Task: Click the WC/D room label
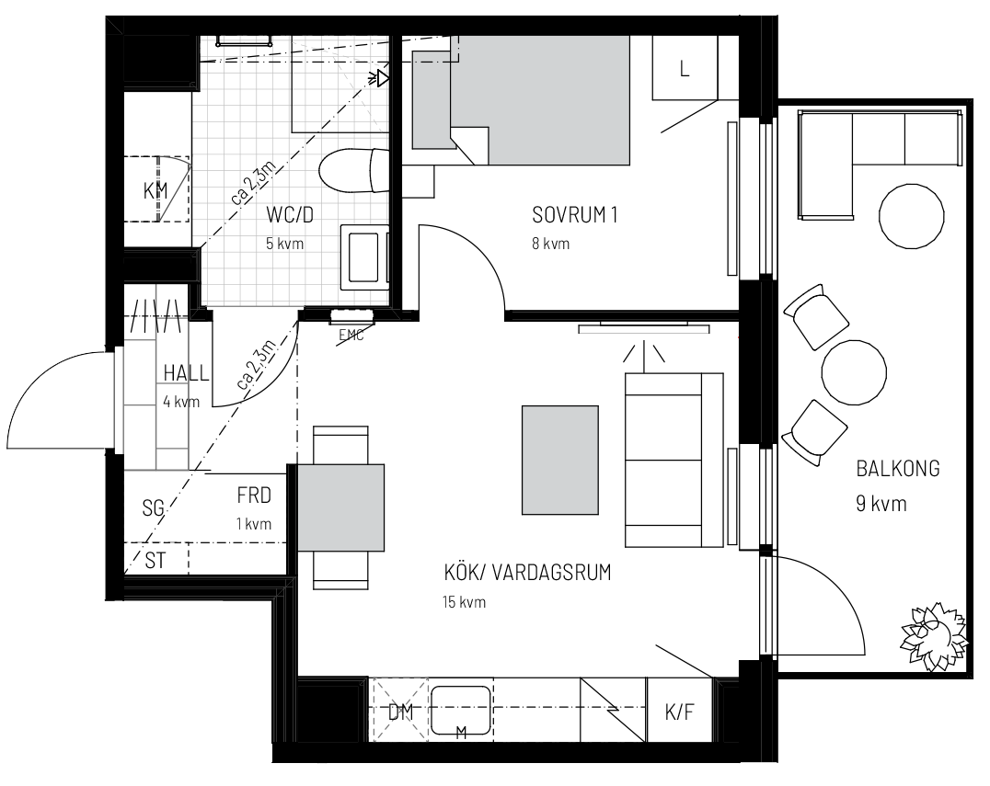[289, 215]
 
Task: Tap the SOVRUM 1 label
[574, 215]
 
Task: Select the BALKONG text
[898, 469]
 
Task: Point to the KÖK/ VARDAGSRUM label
[528, 573]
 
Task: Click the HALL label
[186, 373]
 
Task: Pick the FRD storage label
[254, 496]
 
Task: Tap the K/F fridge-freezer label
[679, 712]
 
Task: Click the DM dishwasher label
[400, 712]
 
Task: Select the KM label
[155, 190]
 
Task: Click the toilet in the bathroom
[353, 170]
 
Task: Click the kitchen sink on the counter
[461, 711]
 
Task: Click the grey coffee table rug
[560, 460]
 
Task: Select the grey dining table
[340, 507]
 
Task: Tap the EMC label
[351, 335]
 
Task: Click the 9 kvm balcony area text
[881, 504]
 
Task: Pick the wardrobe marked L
[685, 68]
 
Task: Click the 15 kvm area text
[464, 602]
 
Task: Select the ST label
[155, 560]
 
